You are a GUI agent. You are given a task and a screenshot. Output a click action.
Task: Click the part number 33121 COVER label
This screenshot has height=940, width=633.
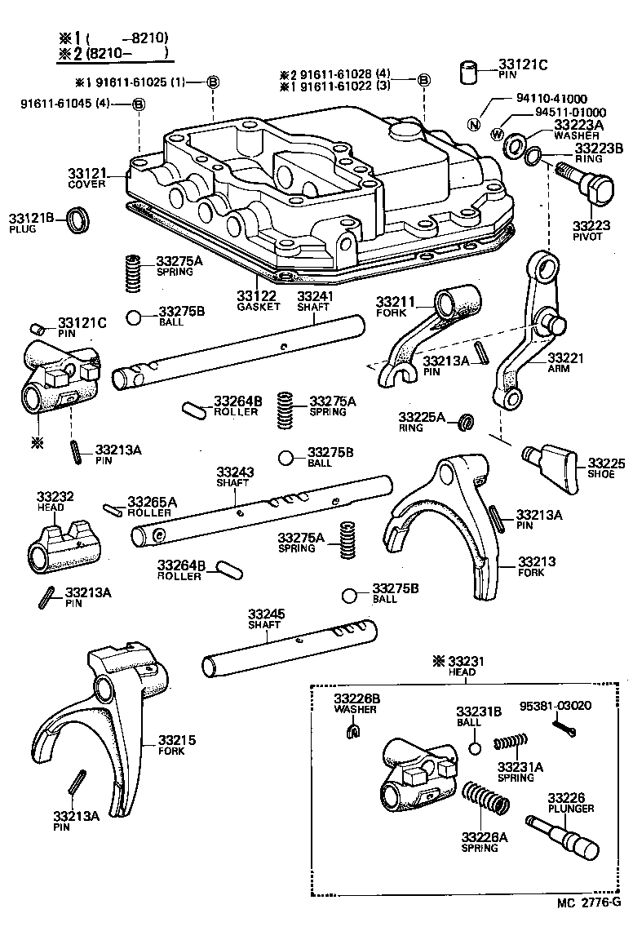(x=86, y=179)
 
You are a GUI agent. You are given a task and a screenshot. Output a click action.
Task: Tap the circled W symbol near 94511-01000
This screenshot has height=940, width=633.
(x=498, y=134)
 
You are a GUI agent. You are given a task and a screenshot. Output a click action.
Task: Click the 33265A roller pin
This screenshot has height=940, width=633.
(x=114, y=511)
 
